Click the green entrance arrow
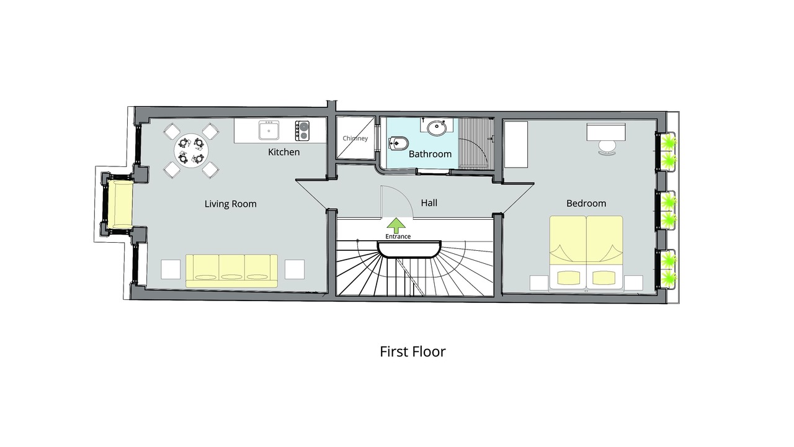coord(396,225)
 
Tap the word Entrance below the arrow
coord(398,237)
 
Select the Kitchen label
coord(284,152)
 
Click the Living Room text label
coord(230,204)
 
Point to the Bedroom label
coord(586,203)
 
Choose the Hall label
coord(429,202)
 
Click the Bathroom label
coord(430,154)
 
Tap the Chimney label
coord(355,138)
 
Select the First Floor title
coord(413,351)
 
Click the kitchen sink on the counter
coord(269,130)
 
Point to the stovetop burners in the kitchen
coord(302,130)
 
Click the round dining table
coord(191,151)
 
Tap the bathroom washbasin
coord(436,128)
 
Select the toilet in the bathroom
coord(398,143)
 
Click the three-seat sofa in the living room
coord(231,271)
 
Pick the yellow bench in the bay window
coord(120,205)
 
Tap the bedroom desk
coord(606,132)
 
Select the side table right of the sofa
coord(295,269)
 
